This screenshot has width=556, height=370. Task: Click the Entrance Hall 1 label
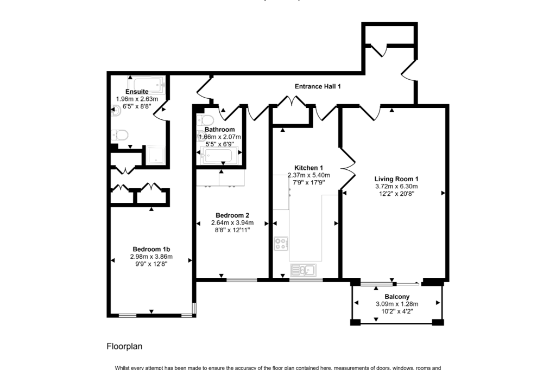point(318,86)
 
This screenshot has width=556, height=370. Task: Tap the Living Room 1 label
point(396,178)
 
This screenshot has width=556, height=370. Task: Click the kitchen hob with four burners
point(281,244)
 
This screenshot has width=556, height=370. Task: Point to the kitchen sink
point(302,270)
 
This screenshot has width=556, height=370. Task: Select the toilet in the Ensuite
point(119,135)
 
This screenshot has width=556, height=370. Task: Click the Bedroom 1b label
point(151,249)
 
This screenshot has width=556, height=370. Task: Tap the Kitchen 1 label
point(308,168)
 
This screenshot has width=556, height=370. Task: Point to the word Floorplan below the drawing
point(124,346)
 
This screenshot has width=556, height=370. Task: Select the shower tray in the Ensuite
point(156,155)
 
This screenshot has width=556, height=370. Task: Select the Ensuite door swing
point(161,111)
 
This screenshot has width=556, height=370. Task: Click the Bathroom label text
point(219,130)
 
